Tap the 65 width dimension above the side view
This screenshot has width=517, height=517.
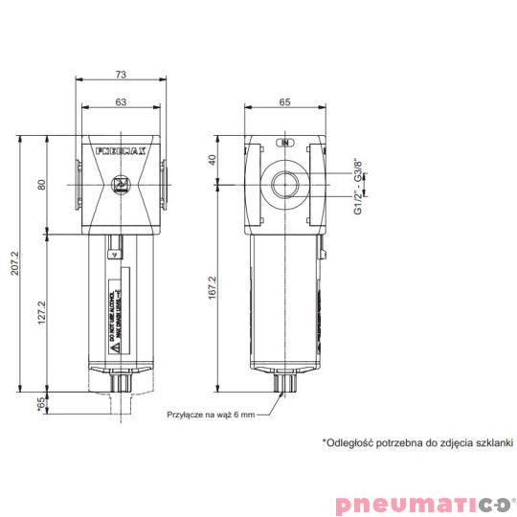(x=284, y=99)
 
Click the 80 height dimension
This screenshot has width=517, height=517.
(x=41, y=184)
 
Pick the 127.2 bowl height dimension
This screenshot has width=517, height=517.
(x=41, y=311)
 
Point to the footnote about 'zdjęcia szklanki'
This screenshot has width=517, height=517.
(x=417, y=443)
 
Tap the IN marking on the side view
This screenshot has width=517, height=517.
(x=284, y=143)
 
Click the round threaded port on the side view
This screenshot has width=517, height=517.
(x=285, y=182)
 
